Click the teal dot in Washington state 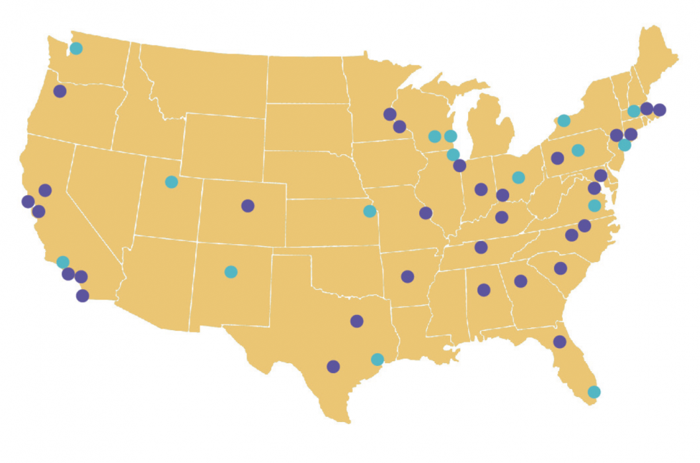click(x=76, y=48)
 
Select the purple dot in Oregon click(x=60, y=91)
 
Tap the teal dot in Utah click(x=171, y=182)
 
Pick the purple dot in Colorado click(x=248, y=206)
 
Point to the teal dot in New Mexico click(x=231, y=271)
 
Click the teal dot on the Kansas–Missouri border click(x=369, y=211)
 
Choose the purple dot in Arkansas click(x=407, y=276)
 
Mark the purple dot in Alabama click(x=484, y=290)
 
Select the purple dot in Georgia click(x=520, y=281)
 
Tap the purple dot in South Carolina click(x=561, y=268)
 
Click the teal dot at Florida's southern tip click(x=594, y=392)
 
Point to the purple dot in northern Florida click(x=560, y=342)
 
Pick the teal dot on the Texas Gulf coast click(x=377, y=359)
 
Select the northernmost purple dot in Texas click(x=357, y=321)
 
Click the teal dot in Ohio click(x=518, y=177)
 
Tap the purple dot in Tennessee click(x=481, y=247)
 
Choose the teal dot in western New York click(x=564, y=120)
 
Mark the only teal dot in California click(x=63, y=262)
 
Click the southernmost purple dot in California click(x=83, y=296)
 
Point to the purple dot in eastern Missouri click(x=426, y=213)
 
